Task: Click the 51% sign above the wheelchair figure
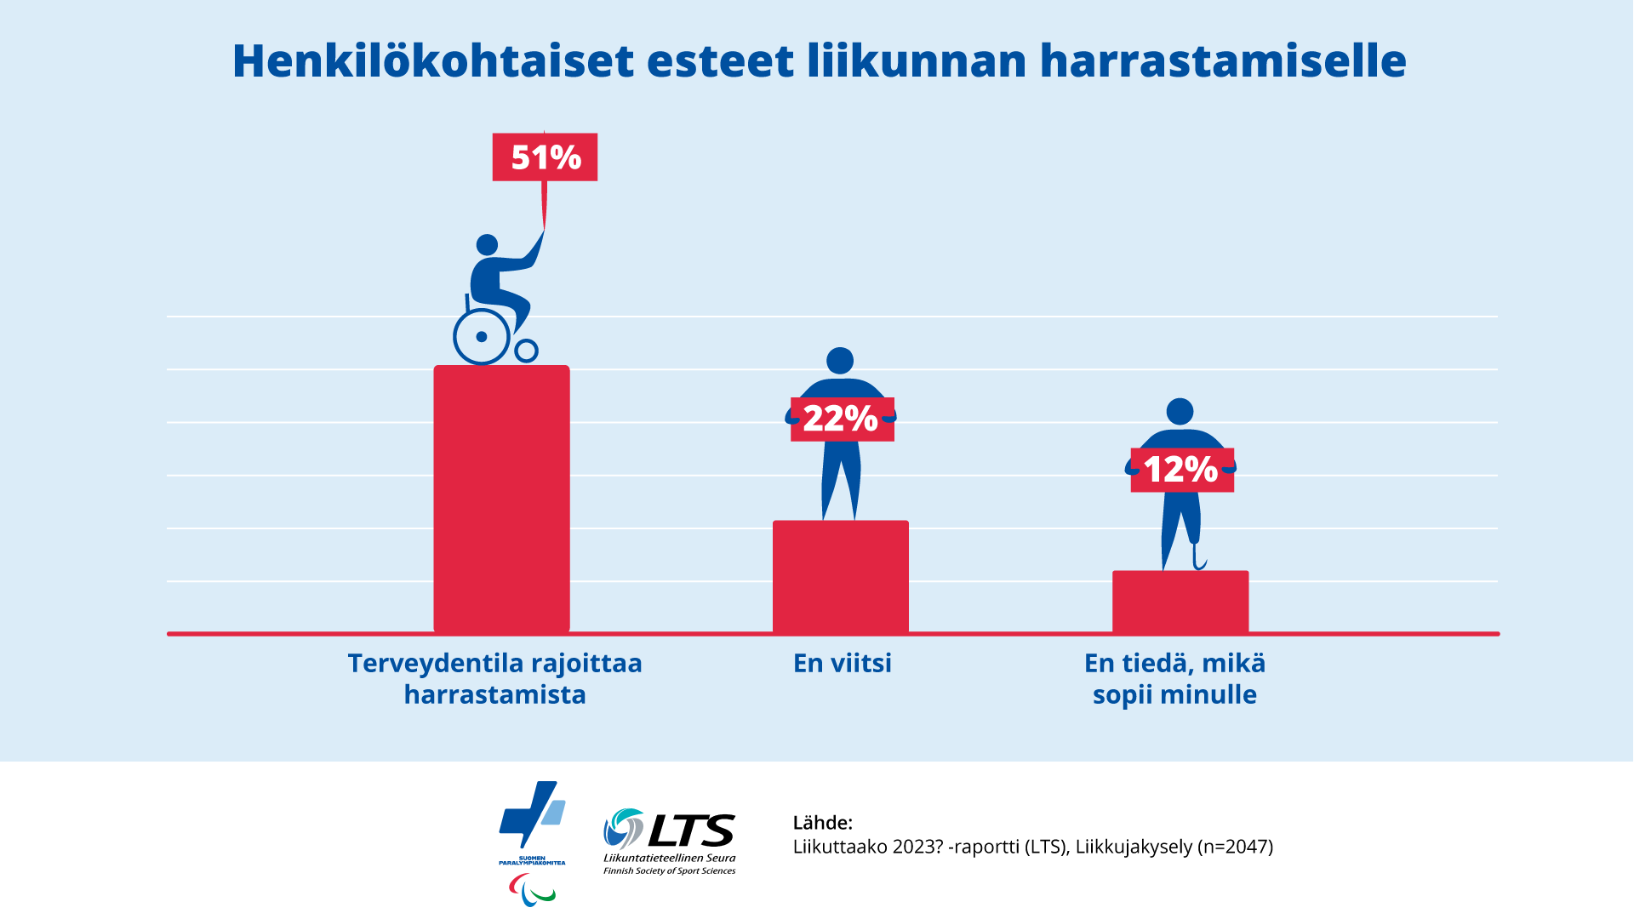(x=545, y=157)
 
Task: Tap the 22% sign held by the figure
(x=842, y=419)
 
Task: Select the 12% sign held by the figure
(x=1181, y=470)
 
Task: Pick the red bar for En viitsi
(x=841, y=577)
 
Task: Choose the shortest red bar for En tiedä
(x=1180, y=602)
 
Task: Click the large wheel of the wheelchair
(x=482, y=337)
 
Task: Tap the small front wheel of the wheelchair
(x=527, y=351)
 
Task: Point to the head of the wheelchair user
(x=487, y=245)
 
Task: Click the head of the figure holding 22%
(x=840, y=361)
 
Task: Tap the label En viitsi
(x=842, y=663)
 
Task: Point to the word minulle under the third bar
(x=1208, y=694)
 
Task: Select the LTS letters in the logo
(x=691, y=830)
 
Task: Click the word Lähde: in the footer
(x=822, y=823)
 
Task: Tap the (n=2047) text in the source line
(x=1235, y=847)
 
